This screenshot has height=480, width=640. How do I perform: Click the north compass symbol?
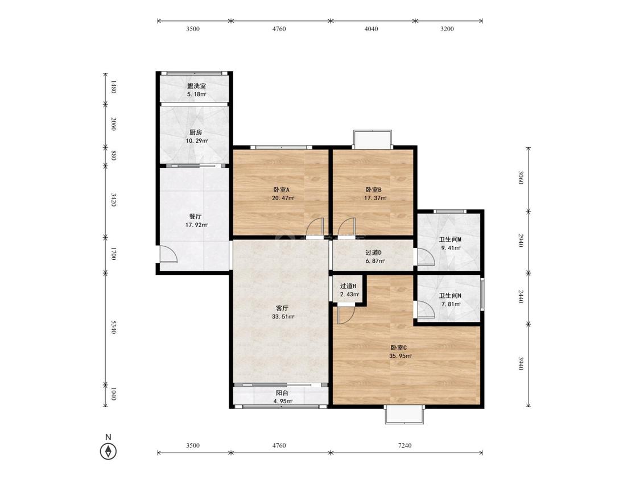point(108,451)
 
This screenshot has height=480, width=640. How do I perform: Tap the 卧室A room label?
point(281,190)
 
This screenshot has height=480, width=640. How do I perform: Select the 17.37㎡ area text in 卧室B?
point(375,198)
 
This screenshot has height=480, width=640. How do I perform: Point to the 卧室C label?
point(399,347)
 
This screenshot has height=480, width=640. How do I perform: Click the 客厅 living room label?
point(282,308)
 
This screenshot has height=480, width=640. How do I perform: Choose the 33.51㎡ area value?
point(283,316)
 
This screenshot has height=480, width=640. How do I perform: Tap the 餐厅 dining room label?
point(195,216)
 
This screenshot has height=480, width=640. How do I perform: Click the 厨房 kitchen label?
point(196,133)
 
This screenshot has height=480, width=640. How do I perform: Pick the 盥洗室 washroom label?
point(196,86)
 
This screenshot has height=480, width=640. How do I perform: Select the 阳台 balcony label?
point(282,393)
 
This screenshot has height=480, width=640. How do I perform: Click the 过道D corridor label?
point(373,253)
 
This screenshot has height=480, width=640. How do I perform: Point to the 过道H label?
point(348,286)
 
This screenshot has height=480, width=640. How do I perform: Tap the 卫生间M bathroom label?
point(450,239)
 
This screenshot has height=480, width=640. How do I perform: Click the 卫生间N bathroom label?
point(450,296)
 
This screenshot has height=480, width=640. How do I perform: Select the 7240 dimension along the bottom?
point(404,445)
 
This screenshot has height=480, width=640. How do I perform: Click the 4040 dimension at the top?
point(371,28)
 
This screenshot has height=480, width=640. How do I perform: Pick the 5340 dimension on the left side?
point(114,327)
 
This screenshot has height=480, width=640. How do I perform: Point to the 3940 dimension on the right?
point(521,363)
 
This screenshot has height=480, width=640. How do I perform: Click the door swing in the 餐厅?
point(168,254)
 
